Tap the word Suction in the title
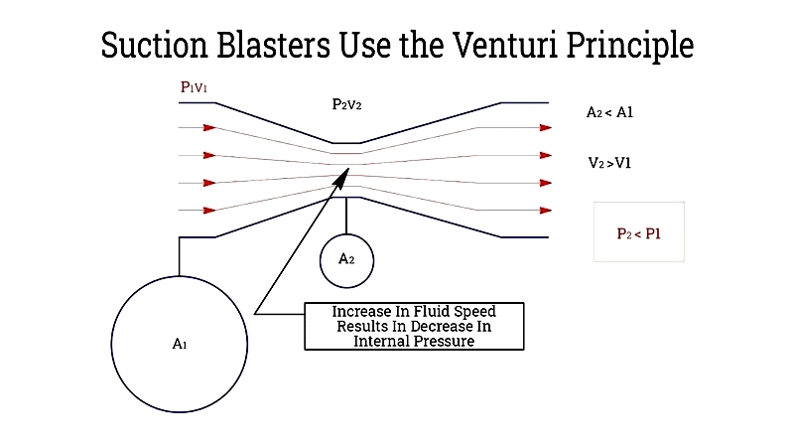point(155,45)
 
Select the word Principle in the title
point(630,46)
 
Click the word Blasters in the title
point(274,45)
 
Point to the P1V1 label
point(194,87)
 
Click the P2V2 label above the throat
point(346,104)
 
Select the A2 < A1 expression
point(609,112)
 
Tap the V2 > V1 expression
point(609,163)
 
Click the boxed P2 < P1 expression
point(639,233)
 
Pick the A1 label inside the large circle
point(180,344)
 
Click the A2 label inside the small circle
point(346,259)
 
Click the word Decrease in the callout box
point(432,326)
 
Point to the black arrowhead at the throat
point(341,178)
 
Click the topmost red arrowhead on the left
point(209,128)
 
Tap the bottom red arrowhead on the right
point(545,211)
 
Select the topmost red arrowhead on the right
point(545,128)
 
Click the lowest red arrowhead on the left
point(209,211)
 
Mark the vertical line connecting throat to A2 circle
point(346,216)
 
